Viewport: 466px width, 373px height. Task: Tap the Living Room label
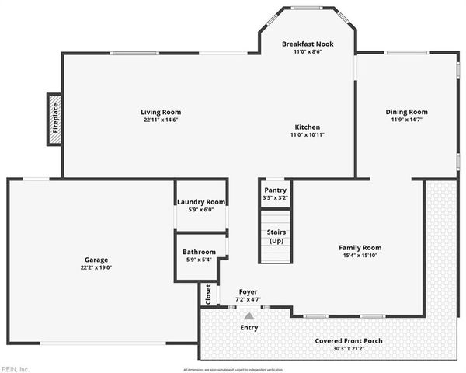(x=161, y=112)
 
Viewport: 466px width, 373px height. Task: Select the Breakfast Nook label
(x=308, y=44)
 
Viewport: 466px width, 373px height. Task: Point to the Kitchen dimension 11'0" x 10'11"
(x=307, y=135)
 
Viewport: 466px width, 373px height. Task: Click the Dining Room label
(x=406, y=112)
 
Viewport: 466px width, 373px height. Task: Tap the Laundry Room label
(x=200, y=202)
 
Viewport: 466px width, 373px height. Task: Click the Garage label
(x=96, y=260)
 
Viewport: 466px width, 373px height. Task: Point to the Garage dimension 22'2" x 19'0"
(x=96, y=267)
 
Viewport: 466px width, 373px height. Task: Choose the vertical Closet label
(x=207, y=294)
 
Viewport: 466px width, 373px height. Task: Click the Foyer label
(x=248, y=292)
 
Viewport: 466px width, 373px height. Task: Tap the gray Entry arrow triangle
(x=249, y=315)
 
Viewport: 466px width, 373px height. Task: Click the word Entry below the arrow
(x=249, y=328)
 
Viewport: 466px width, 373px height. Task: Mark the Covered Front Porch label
(x=349, y=341)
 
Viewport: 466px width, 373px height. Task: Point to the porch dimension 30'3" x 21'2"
(x=349, y=349)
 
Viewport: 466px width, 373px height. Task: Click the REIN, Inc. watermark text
(x=16, y=368)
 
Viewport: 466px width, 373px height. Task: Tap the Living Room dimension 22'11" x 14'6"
(x=161, y=120)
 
